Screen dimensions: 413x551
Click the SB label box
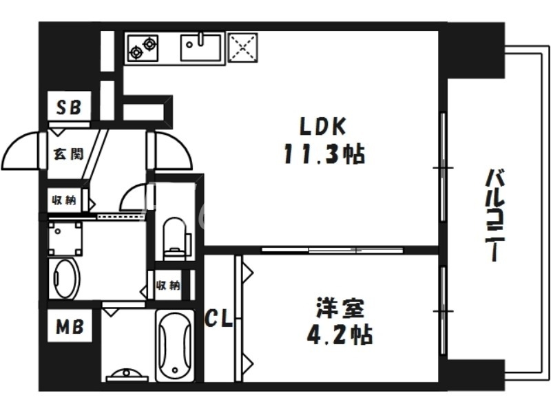(x=68, y=107)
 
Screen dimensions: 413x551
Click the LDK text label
(x=321, y=127)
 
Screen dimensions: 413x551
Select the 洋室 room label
(x=336, y=308)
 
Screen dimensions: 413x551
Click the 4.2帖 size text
(x=339, y=335)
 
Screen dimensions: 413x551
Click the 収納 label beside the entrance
(x=64, y=201)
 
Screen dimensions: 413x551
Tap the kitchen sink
(x=200, y=47)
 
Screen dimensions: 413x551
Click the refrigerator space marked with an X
(x=242, y=47)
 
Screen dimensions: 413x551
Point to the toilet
(x=175, y=236)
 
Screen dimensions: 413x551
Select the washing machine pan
(x=65, y=239)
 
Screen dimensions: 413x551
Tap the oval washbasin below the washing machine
(x=65, y=278)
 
